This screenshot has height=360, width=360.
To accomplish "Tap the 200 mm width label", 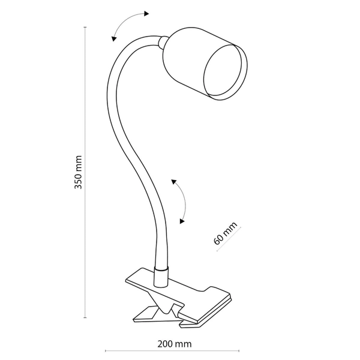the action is pos(174,344).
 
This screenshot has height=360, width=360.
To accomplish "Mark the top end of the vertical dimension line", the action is pos(85,28).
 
